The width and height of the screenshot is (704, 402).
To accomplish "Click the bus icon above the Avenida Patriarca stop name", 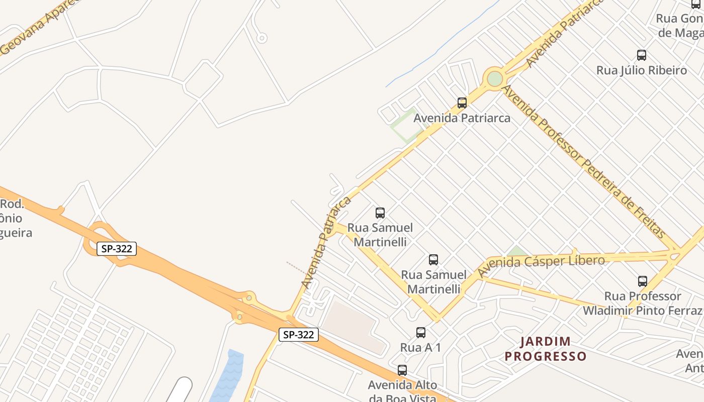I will (x=462, y=103).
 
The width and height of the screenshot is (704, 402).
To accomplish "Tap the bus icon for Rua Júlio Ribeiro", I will (x=642, y=55).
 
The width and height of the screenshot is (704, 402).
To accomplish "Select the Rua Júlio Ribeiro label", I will (x=642, y=70).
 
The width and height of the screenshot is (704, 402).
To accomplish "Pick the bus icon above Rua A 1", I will (x=421, y=332).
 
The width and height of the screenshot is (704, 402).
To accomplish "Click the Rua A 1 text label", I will (x=420, y=347).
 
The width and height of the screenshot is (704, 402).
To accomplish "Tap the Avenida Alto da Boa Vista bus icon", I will (x=402, y=370).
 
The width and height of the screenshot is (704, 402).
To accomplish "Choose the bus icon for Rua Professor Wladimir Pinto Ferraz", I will (x=642, y=281).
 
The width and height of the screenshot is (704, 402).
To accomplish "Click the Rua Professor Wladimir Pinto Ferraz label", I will (x=642, y=303).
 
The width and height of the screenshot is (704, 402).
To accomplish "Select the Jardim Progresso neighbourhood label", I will (x=546, y=349).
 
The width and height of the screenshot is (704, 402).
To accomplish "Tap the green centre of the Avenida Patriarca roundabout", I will (x=495, y=78).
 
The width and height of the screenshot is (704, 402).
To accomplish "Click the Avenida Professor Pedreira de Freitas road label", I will (x=583, y=162).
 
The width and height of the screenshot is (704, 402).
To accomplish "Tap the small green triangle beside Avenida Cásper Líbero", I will (x=516, y=251).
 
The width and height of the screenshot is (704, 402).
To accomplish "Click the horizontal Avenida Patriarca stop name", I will (x=462, y=118).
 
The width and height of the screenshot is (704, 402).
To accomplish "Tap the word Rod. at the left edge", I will (x=13, y=204).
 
